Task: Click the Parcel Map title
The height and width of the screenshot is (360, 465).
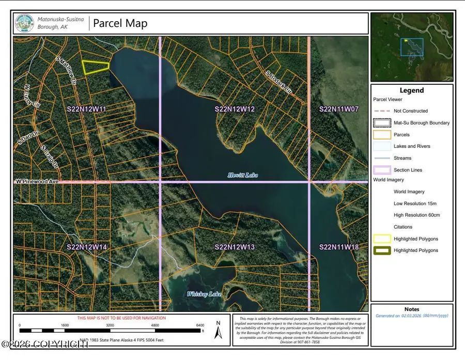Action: coord(120,23)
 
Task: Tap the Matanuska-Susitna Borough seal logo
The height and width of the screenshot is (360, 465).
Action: coord(25,23)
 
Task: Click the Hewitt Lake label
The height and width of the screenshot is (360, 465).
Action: coord(243,176)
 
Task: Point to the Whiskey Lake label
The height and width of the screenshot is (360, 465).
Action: coord(204,294)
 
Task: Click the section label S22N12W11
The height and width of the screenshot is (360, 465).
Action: coord(86,109)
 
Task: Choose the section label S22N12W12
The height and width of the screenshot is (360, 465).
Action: coord(235,109)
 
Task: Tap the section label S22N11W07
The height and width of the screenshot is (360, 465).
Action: coord(339,109)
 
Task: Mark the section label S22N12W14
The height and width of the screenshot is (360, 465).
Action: coord(86,248)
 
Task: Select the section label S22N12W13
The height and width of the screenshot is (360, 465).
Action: coord(235,248)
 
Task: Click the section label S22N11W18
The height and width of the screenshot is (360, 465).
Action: coord(339,248)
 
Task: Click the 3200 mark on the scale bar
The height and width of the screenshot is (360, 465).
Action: coord(110,326)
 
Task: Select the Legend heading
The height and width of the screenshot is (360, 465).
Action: coord(412,90)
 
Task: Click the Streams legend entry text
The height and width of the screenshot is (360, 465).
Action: coord(402,158)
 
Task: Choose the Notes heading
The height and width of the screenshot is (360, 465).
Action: coord(412,309)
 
